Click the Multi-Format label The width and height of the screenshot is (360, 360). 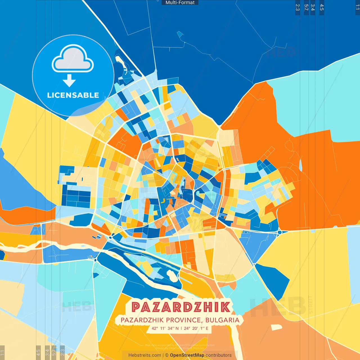[180, 3]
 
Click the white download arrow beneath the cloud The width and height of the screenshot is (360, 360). [69, 81]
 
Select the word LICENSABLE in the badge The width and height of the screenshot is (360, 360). [73, 95]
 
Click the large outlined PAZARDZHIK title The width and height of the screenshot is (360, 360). [181, 307]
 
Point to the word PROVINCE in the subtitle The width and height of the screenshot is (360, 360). [183, 320]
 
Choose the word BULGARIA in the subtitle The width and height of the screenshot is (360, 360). [222, 320]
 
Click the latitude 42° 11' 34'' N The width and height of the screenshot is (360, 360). [165, 328]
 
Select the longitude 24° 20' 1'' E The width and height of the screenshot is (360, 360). [196, 328]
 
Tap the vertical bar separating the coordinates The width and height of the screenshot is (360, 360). [181, 328]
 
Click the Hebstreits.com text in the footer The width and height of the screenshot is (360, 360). [145, 355]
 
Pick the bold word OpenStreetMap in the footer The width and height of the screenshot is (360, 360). [187, 355]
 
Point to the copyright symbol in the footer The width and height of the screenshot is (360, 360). [167, 355]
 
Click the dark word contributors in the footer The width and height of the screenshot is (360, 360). [219, 355]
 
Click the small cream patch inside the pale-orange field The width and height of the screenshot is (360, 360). [276, 327]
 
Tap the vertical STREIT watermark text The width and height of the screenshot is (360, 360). [311, 304]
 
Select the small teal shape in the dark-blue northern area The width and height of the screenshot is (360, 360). [180, 35]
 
